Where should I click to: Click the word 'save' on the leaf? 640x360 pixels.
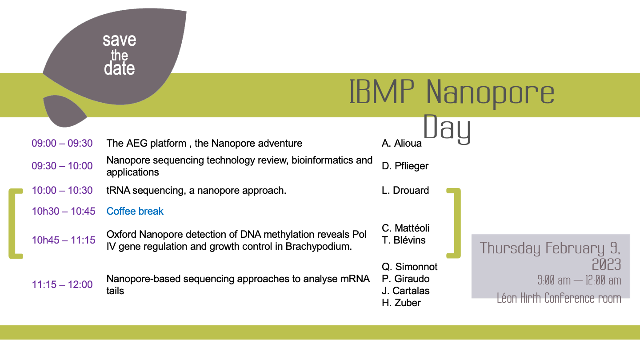pos(119,40)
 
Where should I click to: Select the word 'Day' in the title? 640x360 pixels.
pos(447,128)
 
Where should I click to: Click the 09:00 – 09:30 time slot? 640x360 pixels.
pos(62,144)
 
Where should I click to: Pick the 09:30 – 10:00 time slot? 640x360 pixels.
pos(62,166)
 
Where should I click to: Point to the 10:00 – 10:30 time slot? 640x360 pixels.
pos(62,191)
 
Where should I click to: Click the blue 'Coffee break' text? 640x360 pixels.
pos(135,212)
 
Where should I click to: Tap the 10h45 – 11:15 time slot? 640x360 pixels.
pos(64,240)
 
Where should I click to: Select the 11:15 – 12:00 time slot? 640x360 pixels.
pos(62,285)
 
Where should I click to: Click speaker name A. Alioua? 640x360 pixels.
pos(401,144)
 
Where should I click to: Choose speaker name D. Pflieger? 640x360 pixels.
pos(405,166)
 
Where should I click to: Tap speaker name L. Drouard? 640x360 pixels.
pos(405,191)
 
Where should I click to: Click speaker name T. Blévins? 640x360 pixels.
pos(404,240)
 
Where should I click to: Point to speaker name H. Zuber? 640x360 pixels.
pos(401,303)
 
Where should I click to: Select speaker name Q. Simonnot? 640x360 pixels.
pos(409,267)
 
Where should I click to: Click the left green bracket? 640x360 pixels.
pos(14,224)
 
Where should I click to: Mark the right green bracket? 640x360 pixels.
pos(455,224)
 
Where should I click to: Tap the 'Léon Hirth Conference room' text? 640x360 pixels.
pos(559,298)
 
